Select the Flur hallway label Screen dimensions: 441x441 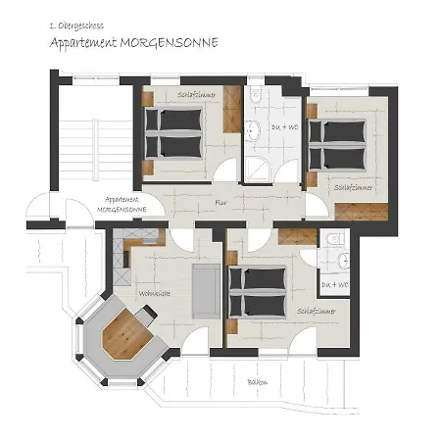coord(222,203)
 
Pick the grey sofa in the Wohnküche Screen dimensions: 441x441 coord(204,292)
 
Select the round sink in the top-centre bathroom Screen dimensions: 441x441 coord(253,128)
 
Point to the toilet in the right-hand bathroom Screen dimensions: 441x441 coord(333,239)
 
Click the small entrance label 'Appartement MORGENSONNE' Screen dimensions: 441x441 coord(122,203)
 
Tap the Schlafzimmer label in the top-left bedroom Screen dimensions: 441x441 coord(197,95)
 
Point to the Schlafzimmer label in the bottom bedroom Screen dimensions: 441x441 coord(316,311)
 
